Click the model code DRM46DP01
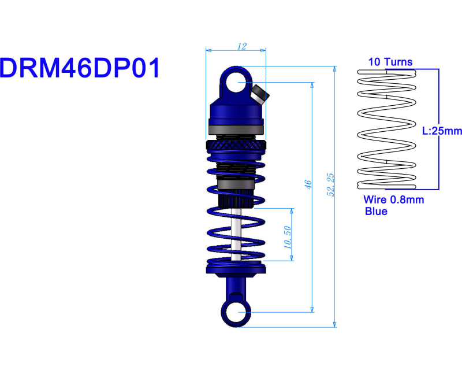[80, 68]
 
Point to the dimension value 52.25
[330, 184]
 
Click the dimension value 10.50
[287, 237]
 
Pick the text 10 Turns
[390, 62]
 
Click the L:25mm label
[442, 131]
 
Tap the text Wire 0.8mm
[393, 200]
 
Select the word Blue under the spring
[376, 212]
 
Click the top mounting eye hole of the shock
[236, 83]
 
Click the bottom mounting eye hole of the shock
[236, 312]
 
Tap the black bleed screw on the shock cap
[259, 93]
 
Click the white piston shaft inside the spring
[236, 237]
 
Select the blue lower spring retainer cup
[236, 268]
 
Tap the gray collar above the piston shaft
[236, 184]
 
